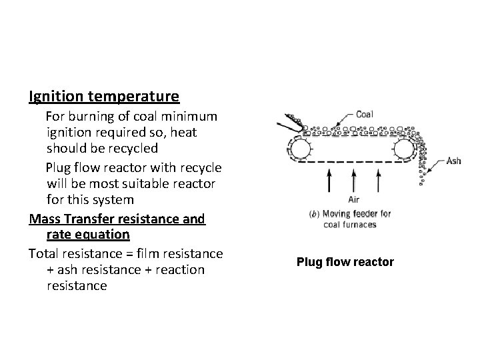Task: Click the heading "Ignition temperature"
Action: coord(103,97)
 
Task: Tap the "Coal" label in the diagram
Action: coord(364,115)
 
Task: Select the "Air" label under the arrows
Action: coord(354,199)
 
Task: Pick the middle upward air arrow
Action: coord(354,179)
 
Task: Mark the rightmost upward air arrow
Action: coord(379,179)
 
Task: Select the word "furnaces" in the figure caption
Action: coord(362,225)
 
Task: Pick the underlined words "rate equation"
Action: coord(88,235)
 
